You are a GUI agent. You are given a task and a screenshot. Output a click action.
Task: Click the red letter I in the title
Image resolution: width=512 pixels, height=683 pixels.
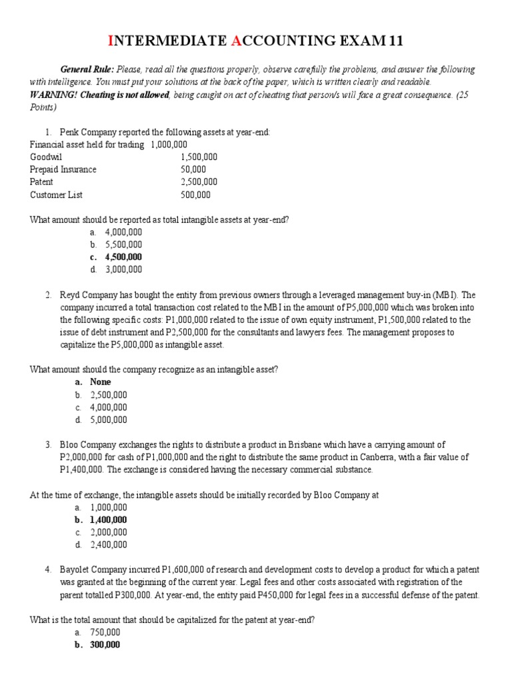point(111,42)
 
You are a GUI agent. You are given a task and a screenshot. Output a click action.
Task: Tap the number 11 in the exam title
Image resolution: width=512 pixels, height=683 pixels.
point(395,42)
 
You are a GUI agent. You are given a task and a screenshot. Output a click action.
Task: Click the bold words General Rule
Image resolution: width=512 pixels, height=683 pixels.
point(87,69)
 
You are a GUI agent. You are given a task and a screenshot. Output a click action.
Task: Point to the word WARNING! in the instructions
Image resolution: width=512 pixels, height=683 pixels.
point(52,93)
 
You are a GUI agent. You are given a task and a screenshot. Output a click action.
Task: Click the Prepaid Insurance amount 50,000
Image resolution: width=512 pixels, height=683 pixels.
point(193,169)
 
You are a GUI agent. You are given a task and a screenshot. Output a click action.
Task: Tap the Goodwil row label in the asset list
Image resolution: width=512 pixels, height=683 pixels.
point(45,157)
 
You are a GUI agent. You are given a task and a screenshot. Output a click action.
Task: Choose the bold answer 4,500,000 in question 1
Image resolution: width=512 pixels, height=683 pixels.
point(123,257)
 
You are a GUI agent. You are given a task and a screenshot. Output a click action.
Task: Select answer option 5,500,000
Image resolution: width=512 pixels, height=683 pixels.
point(123,245)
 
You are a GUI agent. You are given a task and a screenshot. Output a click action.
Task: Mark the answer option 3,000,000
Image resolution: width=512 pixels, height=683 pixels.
point(123,269)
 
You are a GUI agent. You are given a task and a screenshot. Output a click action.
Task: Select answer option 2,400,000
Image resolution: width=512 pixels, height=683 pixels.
point(108,544)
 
